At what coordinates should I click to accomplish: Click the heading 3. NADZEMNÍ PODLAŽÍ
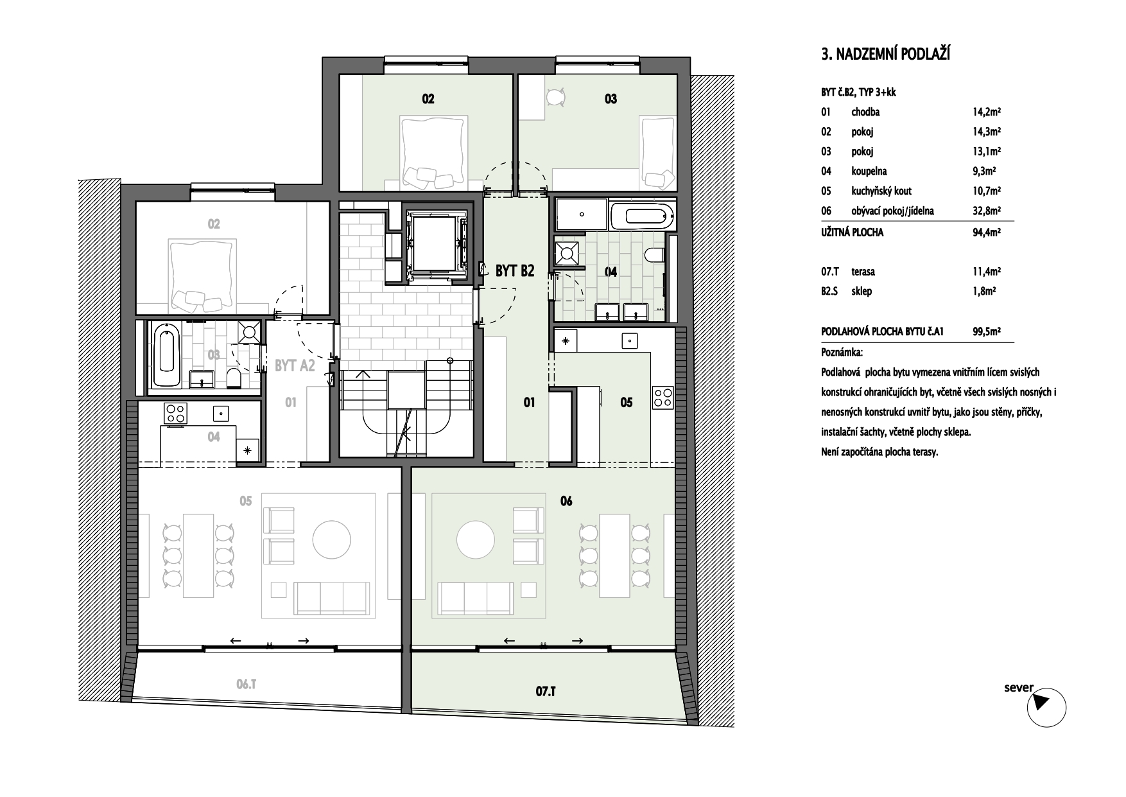tap(885, 55)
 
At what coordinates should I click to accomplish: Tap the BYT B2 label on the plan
tap(515, 271)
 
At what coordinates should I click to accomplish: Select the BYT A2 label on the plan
tap(295, 366)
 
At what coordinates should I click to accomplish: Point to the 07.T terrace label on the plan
tap(545, 692)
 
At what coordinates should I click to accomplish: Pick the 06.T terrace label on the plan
tap(247, 685)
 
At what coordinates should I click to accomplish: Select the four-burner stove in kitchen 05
tap(663, 398)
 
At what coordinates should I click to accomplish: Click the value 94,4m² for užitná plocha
tap(987, 232)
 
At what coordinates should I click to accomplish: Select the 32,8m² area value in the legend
tap(987, 211)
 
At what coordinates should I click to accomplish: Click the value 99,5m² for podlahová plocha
tap(987, 332)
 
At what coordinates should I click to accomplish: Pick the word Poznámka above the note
tap(842, 353)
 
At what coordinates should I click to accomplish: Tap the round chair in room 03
tap(556, 98)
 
